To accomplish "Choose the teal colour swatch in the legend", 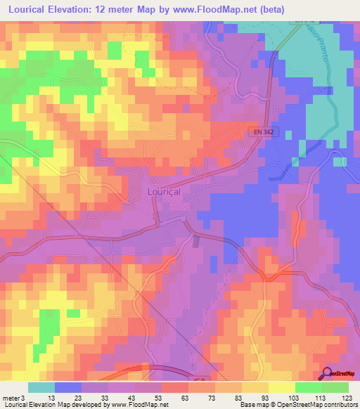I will click(41, 387).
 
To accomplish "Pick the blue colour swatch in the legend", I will click(68, 387).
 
